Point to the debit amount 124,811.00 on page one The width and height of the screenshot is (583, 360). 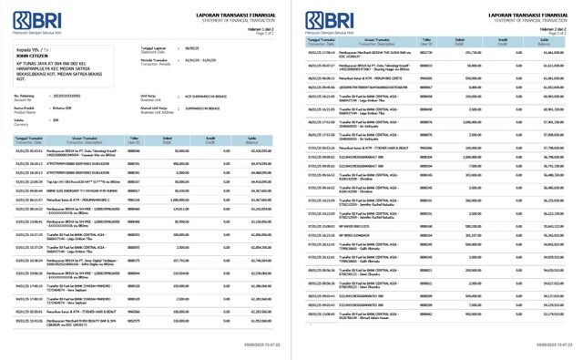click(x=171, y=236)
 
